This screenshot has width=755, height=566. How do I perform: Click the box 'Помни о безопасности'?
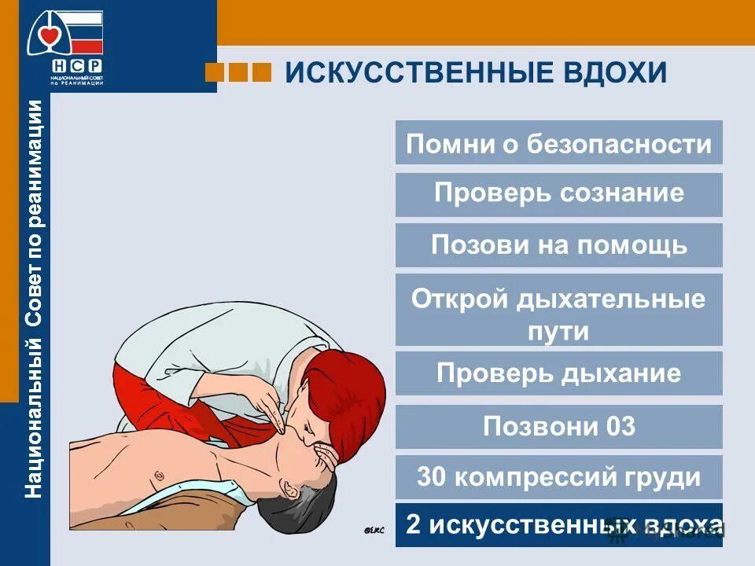point(558,143)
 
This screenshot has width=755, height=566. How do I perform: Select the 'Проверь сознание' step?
point(558,194)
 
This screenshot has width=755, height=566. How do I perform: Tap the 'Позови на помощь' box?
point(558,245)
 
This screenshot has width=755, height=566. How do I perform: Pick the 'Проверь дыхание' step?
point(558,373)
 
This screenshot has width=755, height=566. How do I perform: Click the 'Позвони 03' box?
point(558,427)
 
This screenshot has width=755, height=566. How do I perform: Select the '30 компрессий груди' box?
point(558,477)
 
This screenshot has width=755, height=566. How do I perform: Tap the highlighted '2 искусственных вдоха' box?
point(558,524)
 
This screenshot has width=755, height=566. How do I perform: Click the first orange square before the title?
point(213,72)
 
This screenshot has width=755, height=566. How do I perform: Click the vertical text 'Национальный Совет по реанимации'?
point(34,299)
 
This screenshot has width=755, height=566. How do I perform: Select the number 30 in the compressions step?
point(432,477)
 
